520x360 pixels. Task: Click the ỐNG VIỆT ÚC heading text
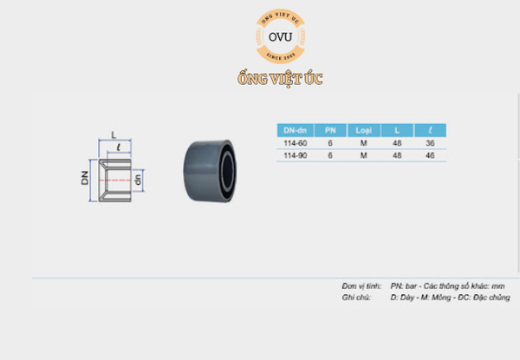[x=280, y=80]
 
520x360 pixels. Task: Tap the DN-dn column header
[x=295, y=130]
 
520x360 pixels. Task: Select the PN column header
[x=330, y=130]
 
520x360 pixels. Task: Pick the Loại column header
[x=364, y=130]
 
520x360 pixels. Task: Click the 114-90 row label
[x=295, y=154]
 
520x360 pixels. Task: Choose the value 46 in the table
[x=430, y=154]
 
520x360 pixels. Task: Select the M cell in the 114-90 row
[x=364, y=154]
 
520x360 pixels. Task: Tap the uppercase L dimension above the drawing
[x=114, y=135]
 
